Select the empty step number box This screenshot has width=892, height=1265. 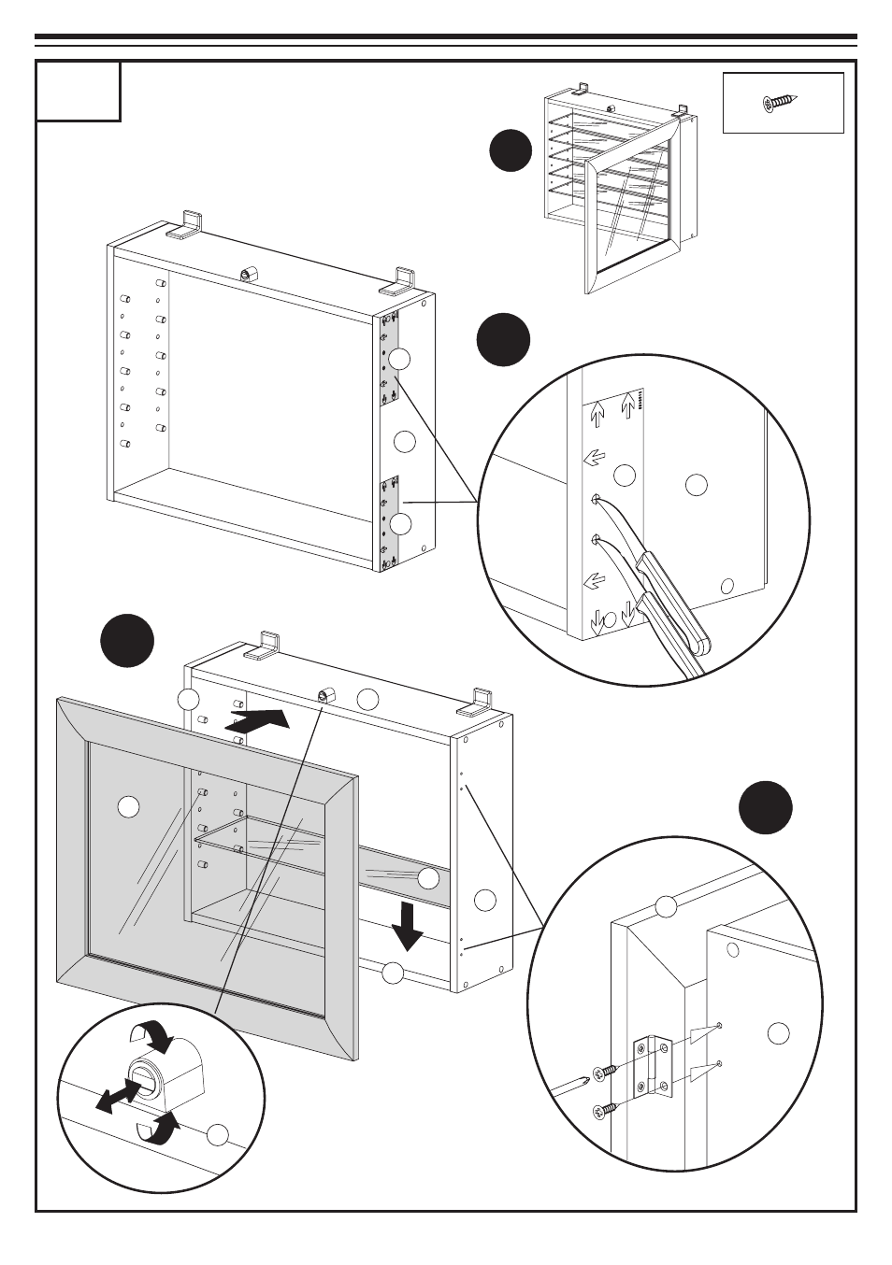pyautogui.click(x=79, y=92)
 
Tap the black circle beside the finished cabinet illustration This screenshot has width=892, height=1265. pyautogui.click(x=511, y=151)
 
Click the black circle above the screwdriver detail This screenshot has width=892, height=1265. pyautogui.click(x=503, y=340)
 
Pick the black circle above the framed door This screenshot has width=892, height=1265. pyautogui.click(x=127, y=641)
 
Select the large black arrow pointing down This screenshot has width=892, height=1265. pyautogui.click(x=407, y=925)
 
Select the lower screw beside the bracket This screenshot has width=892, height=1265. pyautogui.click(x=606, y=1109)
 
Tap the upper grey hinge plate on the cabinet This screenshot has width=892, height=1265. pyautogui.click(x=390, y=359)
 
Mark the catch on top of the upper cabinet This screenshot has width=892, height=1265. pyautogui.click(x=249, y=275)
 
